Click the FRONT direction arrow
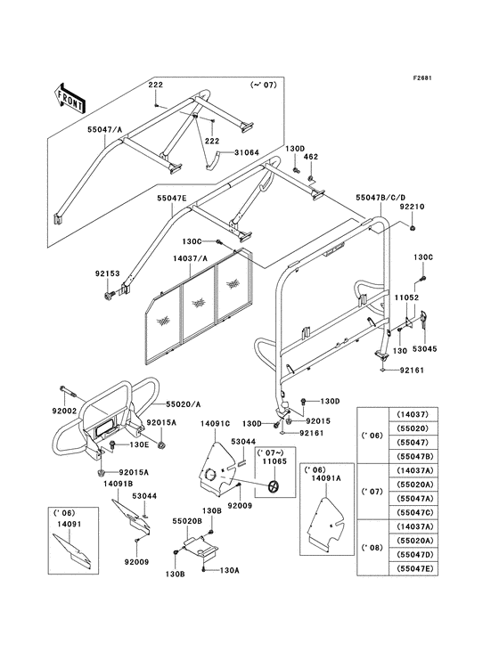point(70,94)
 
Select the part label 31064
point(222,152)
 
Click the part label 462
point(311,157)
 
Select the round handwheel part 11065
point(273,486)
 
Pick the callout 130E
point(141,444)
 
